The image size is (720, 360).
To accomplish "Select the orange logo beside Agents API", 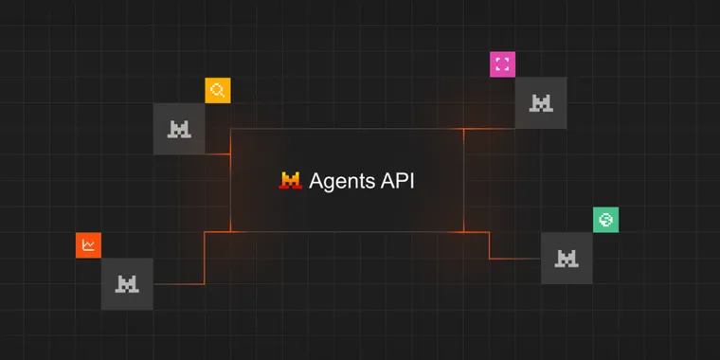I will pyautogui.click(x=290, y=180).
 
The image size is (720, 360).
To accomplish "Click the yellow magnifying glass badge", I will pyautogui.click(x=218, y=91).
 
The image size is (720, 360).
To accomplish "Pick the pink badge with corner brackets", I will pyautogui.click(x=502, y=64).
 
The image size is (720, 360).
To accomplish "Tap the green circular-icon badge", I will pyautogui.click(x=605, y=220).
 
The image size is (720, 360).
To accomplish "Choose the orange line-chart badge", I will pyautogui.click(x=88, y=245).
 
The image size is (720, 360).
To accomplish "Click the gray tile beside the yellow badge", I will pyautogui.click(x=179, y=129).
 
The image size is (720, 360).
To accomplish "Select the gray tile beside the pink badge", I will pyautogui.click(x=541, y=103).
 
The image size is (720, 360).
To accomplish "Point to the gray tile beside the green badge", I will pyautogui.click(x=567, y=258).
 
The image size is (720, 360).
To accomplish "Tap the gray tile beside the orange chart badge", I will pyautogui.click(x=127, y=283).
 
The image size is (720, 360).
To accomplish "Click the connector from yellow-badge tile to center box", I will pyautogui.click(x=218, y=153).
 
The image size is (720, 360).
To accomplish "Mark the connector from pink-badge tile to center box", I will pyautogui.click(x=489, y=129).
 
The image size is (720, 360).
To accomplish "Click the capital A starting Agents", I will pyautogui.click(x=316, y=180).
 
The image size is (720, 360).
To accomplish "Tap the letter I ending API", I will pyautogui.click(x=411, y=180).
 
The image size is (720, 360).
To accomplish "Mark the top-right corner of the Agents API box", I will pyautogui.click(x=463, y=129).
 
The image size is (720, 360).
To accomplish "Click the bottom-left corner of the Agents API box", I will pyautogui.click(x=231, y=231).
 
